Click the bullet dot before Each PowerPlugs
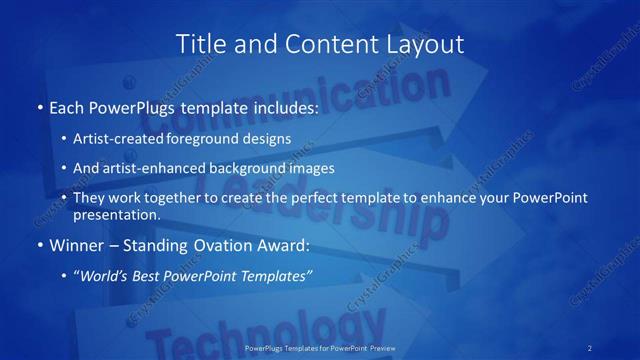pos(39,107)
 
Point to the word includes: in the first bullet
pos(283,107)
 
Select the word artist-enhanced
pos(150,168)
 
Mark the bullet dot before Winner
pos(39,245)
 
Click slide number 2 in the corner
pos(590,348)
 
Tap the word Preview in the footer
pos(381,348)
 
